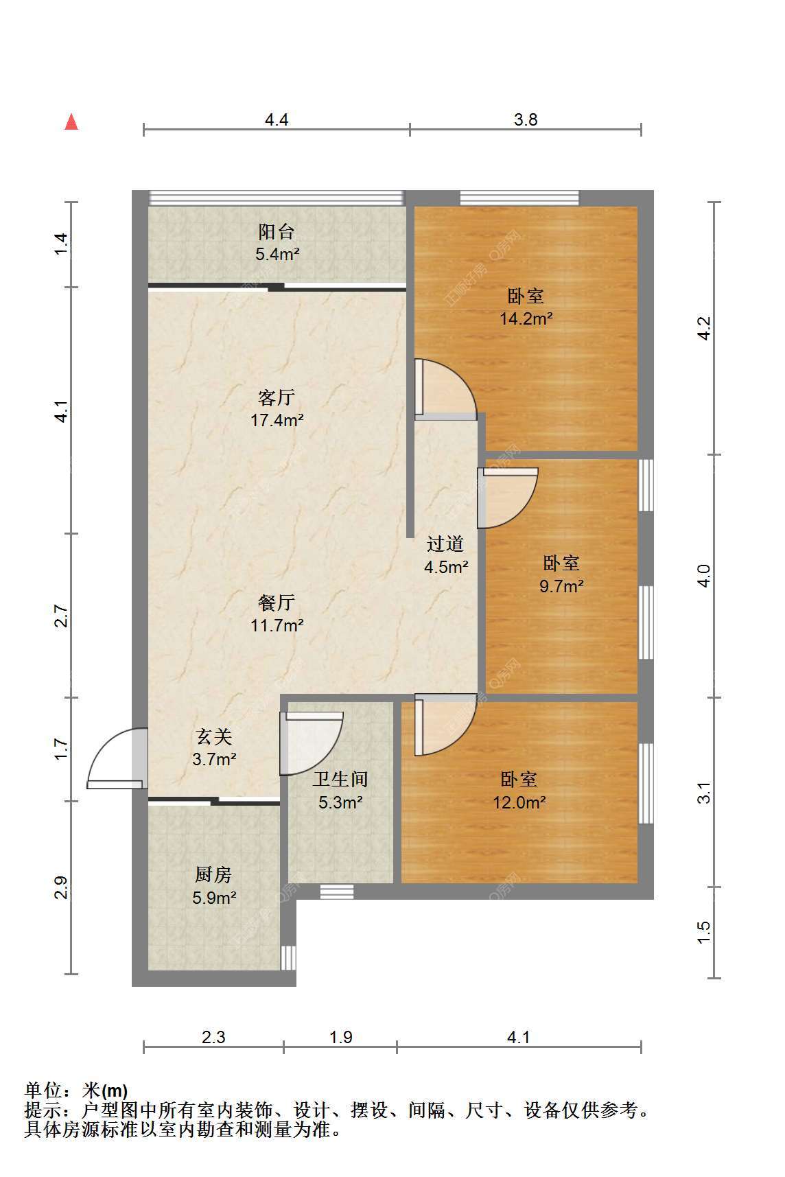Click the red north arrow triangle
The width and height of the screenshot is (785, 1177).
point(71,121)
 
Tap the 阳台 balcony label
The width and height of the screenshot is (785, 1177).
point(277,231)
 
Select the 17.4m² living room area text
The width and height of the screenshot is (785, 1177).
point(277,420)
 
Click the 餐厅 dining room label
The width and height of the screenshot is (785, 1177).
point(277,603)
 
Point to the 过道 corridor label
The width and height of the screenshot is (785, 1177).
point(445,544)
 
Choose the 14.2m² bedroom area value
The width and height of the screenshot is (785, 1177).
point(526,318)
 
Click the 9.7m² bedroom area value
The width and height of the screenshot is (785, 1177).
point(562,586)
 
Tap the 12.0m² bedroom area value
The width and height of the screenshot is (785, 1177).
point(519,802)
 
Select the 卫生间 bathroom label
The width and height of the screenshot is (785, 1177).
point(340,779)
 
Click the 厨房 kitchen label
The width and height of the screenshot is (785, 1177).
point(213,874)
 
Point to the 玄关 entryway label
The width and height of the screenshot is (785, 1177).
point(215,736)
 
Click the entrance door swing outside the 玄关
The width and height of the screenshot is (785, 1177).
point(117,758)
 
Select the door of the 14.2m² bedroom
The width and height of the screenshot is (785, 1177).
point(445,389)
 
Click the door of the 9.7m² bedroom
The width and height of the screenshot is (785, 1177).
point(508,498)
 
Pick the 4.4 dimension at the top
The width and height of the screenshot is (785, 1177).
point(277,120)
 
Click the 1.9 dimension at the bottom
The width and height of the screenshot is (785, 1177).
point(340,1037)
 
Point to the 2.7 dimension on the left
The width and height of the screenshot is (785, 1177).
point(62,616)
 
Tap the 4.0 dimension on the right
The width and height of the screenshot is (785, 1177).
point(703,575)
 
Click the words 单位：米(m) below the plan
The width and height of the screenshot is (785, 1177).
point(76,1090)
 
